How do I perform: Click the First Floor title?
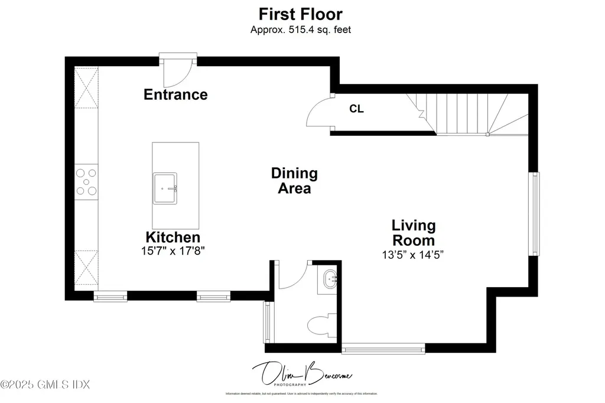(300, 14)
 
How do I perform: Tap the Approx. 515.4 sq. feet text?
(300, 29)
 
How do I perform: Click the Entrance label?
(175, 95)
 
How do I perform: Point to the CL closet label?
(356, 109)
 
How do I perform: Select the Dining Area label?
(294, 181)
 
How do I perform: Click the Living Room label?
(414, 233)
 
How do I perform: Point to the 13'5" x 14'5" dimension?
(412, 255)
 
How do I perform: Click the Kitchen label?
(173, 237)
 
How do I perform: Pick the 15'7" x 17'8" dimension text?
(173, 251)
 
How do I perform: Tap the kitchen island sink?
(165, 188)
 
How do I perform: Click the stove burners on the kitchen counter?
(86, 182)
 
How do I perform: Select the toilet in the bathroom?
(322, 324)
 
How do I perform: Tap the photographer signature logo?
(300, 374)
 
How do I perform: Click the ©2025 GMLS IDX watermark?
(45, 385)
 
